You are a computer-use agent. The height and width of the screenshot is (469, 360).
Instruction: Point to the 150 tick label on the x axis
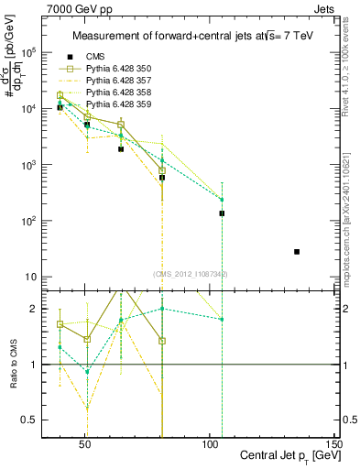334,442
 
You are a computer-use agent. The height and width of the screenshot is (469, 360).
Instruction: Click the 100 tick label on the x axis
210,442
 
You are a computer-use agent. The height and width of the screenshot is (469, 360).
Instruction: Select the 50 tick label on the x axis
84,442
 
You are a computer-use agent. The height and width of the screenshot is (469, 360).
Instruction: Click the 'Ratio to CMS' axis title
13,365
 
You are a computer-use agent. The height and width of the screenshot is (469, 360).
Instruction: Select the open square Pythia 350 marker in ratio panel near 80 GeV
162,341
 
